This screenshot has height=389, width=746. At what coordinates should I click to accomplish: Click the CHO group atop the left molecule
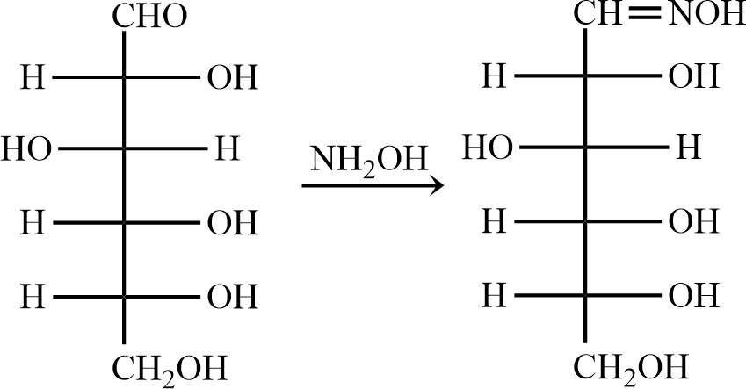click(150, 18)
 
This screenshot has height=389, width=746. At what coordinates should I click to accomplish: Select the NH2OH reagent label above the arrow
click(368, 161)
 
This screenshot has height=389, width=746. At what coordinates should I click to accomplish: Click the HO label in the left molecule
click(27, 149)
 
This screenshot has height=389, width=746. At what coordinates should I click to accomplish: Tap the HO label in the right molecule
click(489, 148)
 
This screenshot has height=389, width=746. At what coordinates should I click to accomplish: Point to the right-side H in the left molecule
click(227, 149)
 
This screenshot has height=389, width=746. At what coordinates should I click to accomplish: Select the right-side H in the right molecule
click(689, 148)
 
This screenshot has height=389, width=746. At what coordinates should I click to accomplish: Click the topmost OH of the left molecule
click(233, 77)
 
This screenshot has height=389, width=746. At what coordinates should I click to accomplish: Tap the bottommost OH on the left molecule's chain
click(233, 298)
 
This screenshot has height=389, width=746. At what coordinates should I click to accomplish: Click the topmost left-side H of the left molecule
click(32, 77)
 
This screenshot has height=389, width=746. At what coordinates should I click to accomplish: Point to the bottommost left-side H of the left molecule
click(32, 298)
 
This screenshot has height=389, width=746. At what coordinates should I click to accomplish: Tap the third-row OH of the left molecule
click(233, 224)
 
